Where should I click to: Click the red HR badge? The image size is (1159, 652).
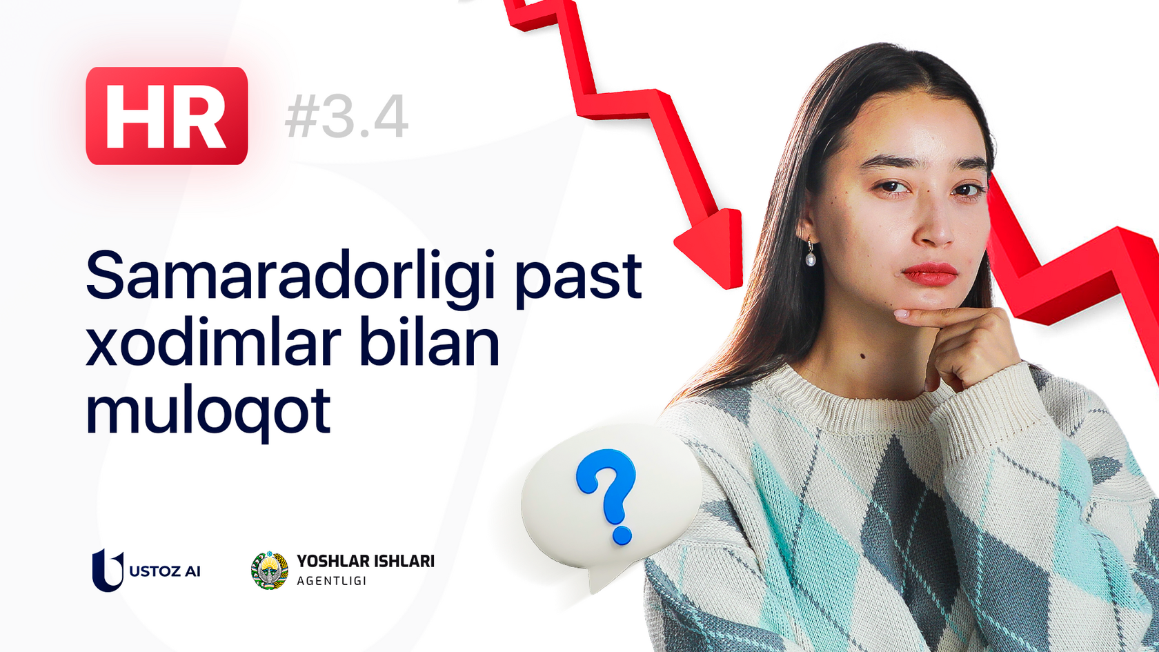point(166,116)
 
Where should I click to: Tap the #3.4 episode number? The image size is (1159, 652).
point(346,117)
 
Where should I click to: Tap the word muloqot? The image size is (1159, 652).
point(208,411)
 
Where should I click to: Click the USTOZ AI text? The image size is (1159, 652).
point(165,571)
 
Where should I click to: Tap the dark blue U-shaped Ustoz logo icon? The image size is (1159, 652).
point(107,570)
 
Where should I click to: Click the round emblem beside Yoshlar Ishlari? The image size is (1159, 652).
point(269,571)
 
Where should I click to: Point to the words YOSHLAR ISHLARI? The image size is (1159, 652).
point(366,562)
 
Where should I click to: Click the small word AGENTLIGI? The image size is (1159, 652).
point(331,581)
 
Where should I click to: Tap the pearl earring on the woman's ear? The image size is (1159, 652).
point(811,259)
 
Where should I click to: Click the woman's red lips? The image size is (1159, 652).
point(929,273)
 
